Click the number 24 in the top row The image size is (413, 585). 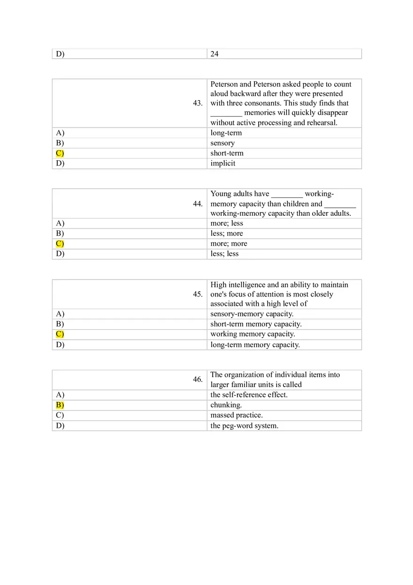pyautogui.click(x=214, y=54)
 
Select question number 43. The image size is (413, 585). pyautogui.click(x=198, y=103)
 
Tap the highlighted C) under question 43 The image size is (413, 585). pyautogui.click(x=60, y=153)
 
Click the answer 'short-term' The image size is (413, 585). pyautogui.click(x=227, y=153)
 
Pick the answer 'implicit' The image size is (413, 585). pyautogui.click(x=223, y=164)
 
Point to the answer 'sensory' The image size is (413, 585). pyautogui.click(x=222, y=143)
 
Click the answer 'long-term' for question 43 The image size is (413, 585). pyautogui.click(x=226, y=133)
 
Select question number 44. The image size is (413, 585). pyautogui.click(x=198, y=204)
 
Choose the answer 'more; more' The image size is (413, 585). pyautogui.click(x=229, y=243)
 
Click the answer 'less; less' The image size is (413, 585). pyautogui.click(x=224, y=254)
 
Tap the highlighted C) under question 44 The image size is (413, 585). pyautogui.click(x=60, y=243)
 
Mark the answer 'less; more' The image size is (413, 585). pyautogui.click(x=227, y=234)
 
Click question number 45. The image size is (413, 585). pyautogui.click(x=198, y=294)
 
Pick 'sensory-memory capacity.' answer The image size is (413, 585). pyautogui.click(x=252, y=314)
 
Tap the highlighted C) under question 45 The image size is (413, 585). pyautogui.click(x=60, y=334)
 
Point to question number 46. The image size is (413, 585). pyautogui.click(x=198, y=380)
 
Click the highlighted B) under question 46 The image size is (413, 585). pyautogui.click(x=60, y=405)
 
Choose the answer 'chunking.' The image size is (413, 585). pyautogui.click(x=226, y=405)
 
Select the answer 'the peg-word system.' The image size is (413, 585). pyautogui.click(x=244, y=426)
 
